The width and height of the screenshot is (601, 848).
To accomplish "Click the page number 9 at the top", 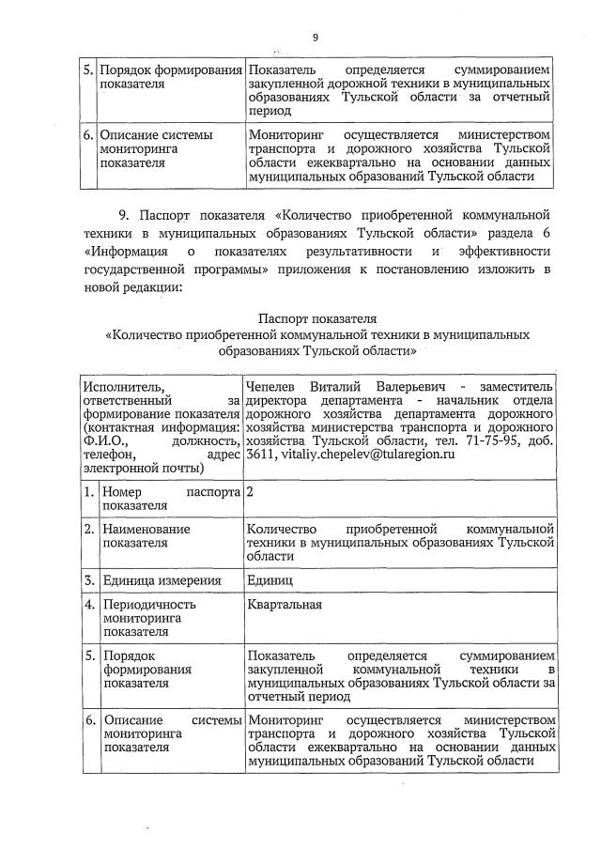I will pos(316,38).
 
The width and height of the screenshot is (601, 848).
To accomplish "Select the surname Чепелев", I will pos(274,386).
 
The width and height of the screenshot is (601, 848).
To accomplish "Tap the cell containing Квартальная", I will pos(285,605).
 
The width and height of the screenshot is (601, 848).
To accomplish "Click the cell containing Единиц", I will pos(270,580).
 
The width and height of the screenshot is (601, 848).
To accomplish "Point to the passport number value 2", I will pos(251,493).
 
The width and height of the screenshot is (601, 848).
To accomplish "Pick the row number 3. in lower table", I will pos(88,580).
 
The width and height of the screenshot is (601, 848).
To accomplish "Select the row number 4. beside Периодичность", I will pos(88,605).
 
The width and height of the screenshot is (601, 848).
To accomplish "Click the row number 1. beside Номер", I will pos(88,493).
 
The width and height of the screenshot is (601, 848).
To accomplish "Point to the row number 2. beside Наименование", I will pos(88,530).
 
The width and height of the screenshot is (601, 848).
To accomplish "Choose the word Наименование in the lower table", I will pos(147,530).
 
